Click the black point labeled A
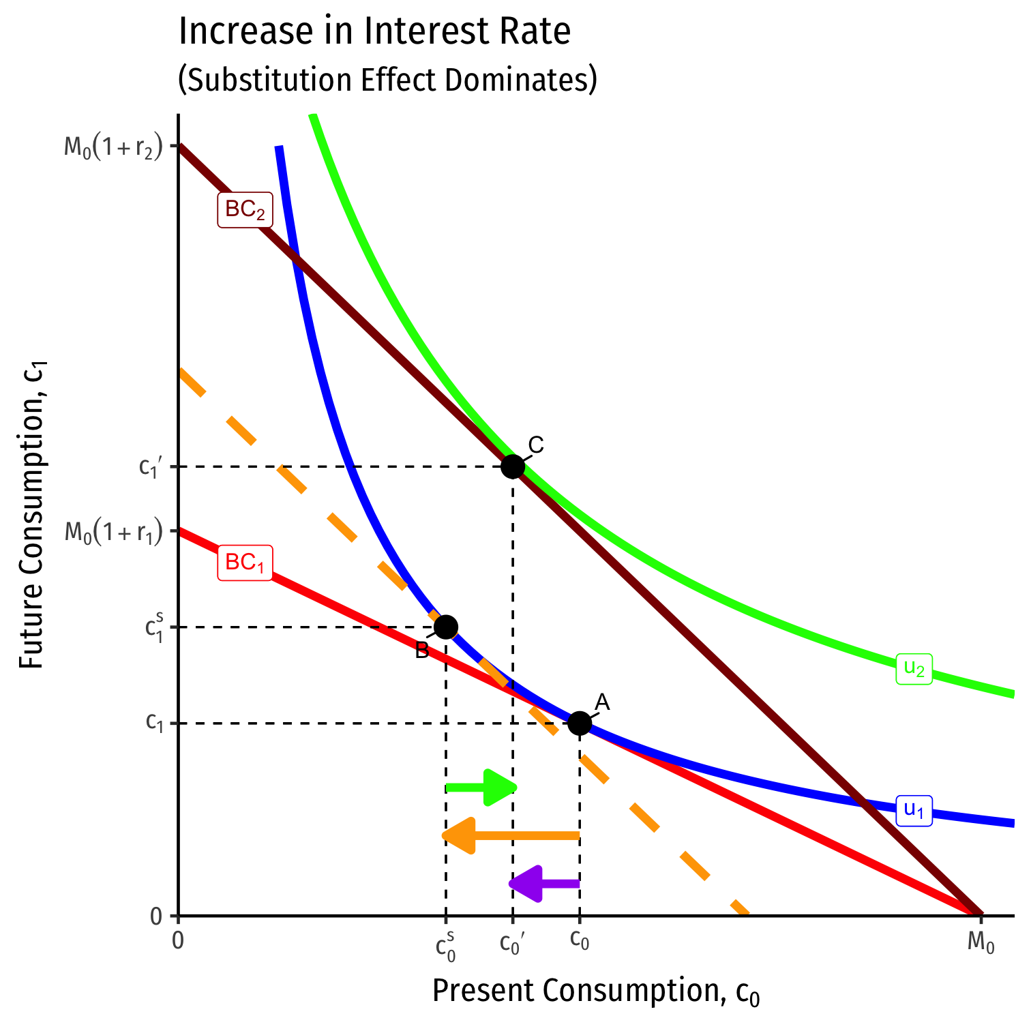580,723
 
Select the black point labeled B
446,627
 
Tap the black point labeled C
513,466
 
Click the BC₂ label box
245,210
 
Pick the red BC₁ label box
245,563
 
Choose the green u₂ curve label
914,668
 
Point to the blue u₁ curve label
914,810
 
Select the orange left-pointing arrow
511,835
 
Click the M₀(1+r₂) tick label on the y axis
114,147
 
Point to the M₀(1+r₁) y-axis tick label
114,531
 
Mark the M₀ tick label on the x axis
981,943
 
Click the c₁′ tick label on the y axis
149,467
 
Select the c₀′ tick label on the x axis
513,943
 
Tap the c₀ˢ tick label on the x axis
446,946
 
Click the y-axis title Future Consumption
32,515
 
